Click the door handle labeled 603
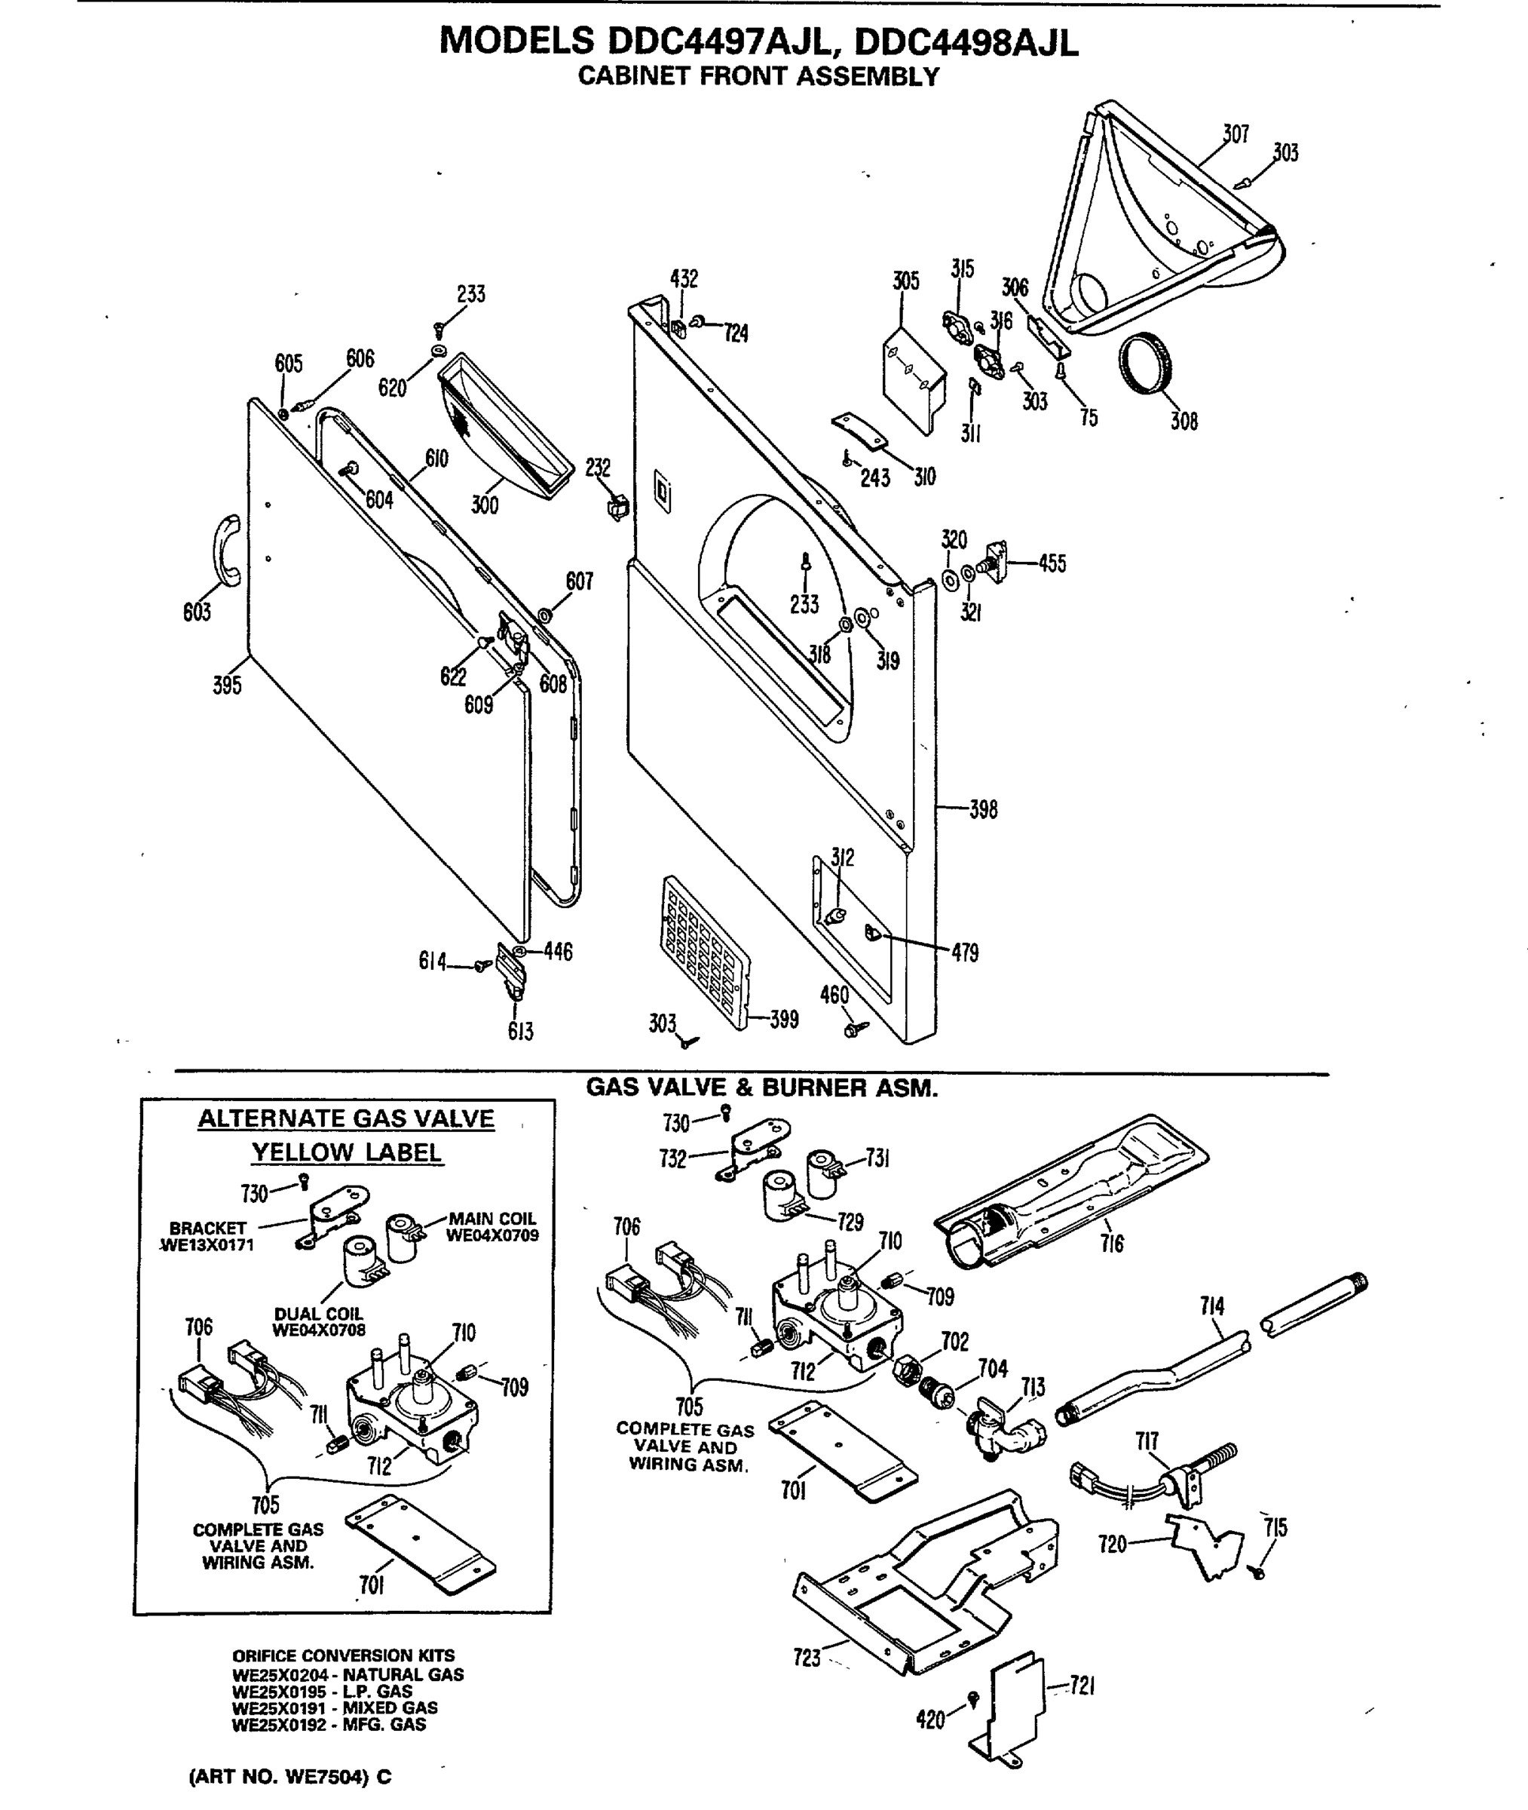227,552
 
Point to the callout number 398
983,809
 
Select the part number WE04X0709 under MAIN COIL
492,1235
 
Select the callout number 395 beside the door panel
227,686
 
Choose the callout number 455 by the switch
1052,564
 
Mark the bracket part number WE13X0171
208,1246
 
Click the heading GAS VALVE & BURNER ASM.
762,1088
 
